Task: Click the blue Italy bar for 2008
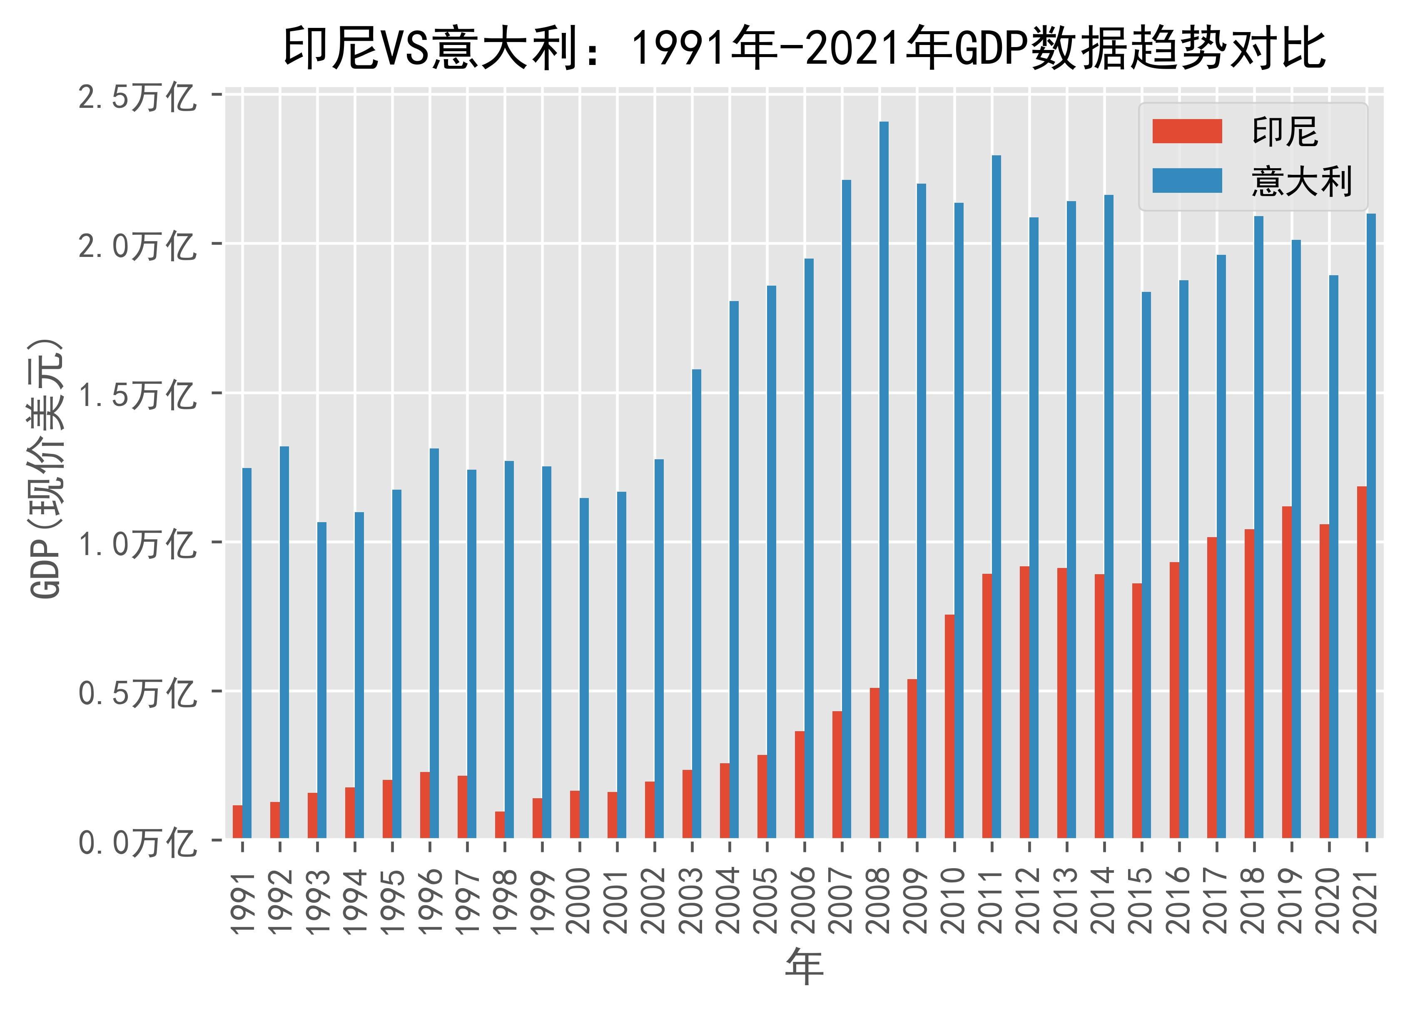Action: tap(883, 479)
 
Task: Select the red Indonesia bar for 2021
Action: tap(1362, 662)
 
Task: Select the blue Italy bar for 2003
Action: tap(696, 603)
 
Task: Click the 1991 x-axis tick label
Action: tap(242, 900)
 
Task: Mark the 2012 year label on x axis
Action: tap(1028, 900)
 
